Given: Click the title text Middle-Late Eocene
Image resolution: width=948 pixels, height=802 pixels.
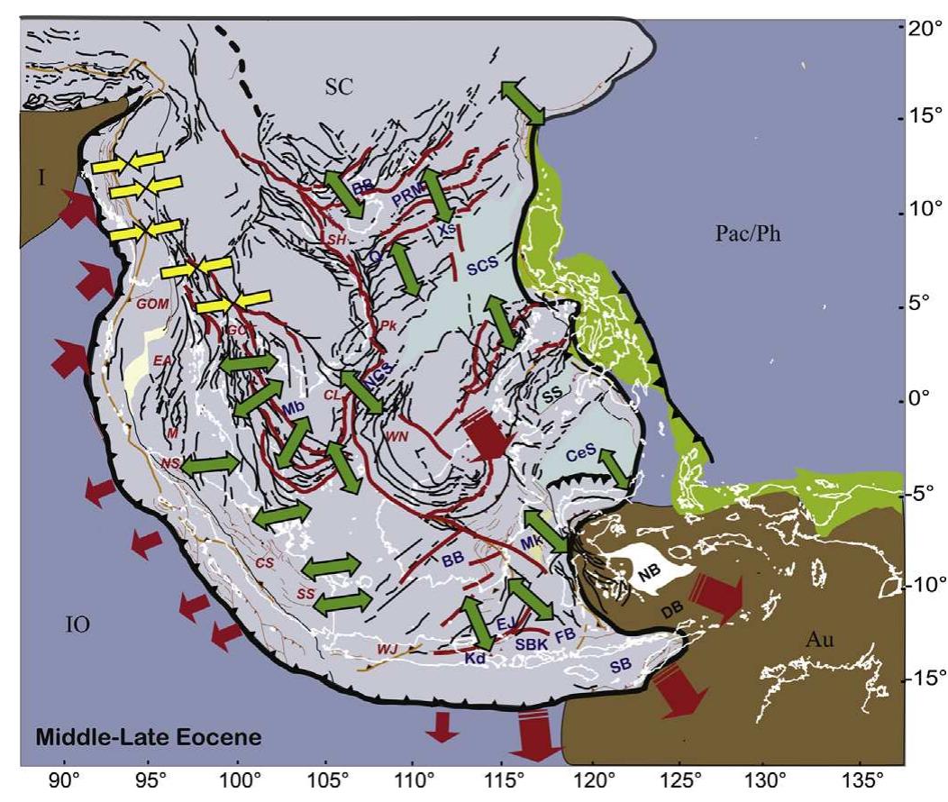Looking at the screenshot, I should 149,738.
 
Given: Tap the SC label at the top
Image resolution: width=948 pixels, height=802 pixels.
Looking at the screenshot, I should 341,87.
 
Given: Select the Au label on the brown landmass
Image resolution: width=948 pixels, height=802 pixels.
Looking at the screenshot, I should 818,640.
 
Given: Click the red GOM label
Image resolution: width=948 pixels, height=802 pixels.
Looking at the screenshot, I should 153,304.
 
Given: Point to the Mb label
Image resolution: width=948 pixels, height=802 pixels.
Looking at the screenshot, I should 293,408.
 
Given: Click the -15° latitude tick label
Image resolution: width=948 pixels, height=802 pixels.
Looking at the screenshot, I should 923,677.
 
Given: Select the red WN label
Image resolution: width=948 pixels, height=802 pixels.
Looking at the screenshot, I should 397,436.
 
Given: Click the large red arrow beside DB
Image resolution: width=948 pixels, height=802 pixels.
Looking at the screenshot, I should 718,595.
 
